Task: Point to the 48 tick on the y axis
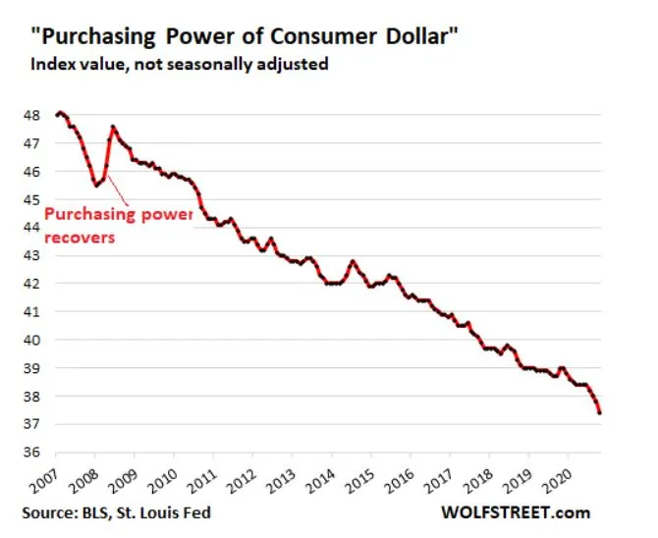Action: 32,115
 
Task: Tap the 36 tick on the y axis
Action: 32,453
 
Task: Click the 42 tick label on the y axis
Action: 32,284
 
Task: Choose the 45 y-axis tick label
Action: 32,199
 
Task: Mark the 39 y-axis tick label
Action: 32,368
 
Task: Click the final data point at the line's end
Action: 599,412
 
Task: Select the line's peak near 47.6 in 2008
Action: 113,127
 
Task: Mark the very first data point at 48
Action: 59,114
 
